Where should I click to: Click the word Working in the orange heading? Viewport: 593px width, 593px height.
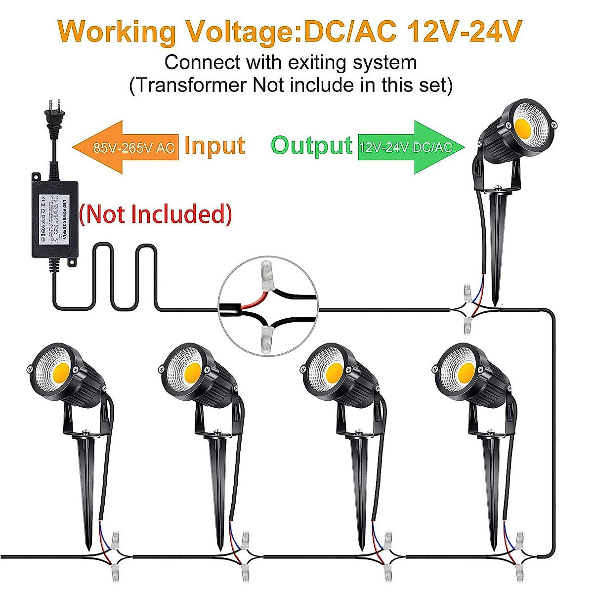[x=117, y=31]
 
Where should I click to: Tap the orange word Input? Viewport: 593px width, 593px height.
[x=214, y=146]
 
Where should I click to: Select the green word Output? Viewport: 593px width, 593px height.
[x=311, y=146]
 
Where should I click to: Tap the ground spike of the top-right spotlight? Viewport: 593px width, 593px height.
[x=496, y=247]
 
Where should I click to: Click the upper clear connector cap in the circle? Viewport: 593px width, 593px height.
[x=267, y=271]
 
